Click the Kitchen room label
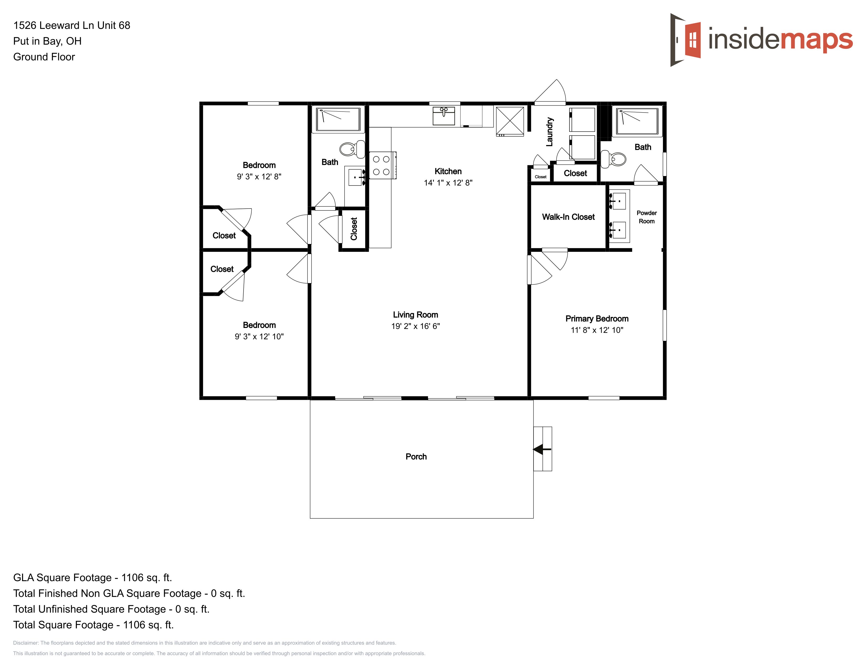(448, 171)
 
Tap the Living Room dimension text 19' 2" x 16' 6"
(416, 326)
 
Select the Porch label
(416, 456)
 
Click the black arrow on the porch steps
(542, 449)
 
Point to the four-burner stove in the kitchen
(383, 165)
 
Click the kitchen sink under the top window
(444, 115)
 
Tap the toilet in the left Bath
(352, 149)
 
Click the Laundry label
(549, 132)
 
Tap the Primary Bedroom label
(597, 319)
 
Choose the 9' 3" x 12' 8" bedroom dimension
(259, 177)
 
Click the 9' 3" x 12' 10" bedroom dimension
(259, 337)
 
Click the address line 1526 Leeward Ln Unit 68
(72, 25)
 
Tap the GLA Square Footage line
(92, 577)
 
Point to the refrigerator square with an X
(510, 121)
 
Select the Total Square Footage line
(94, 625)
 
